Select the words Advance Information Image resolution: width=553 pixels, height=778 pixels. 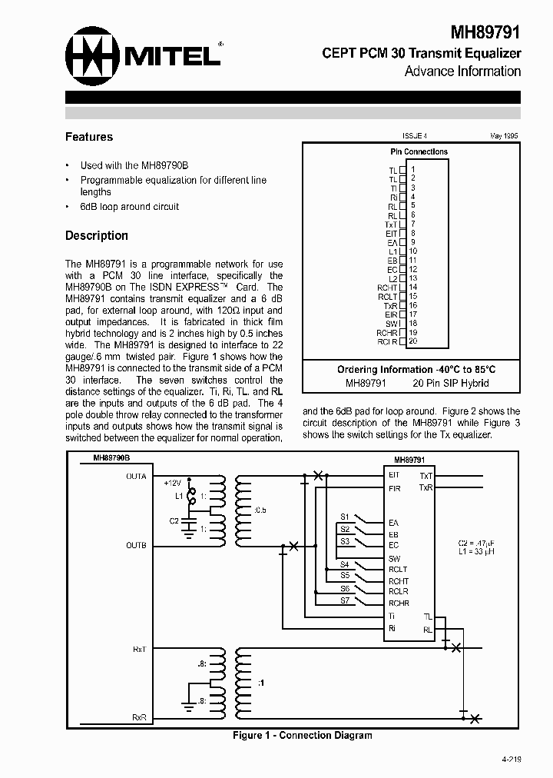point(462,71)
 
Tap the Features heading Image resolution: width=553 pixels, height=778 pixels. point(89,137)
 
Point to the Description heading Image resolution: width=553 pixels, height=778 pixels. point(97,235)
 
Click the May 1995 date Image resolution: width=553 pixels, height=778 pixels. point(504,135)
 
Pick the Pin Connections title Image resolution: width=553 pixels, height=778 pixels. point(419,151)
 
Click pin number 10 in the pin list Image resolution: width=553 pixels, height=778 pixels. point(413,251)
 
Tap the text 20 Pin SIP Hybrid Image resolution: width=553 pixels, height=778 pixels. point(451,383)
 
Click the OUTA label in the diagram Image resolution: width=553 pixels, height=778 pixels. point(136,476)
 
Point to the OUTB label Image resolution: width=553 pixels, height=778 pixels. point(136,545)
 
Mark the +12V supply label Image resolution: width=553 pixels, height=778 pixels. point(172,483)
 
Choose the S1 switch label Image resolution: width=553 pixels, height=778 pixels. point(345,516)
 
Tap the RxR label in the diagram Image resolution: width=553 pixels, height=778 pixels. point(139,717)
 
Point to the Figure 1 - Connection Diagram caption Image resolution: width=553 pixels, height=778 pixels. point(303,736)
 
